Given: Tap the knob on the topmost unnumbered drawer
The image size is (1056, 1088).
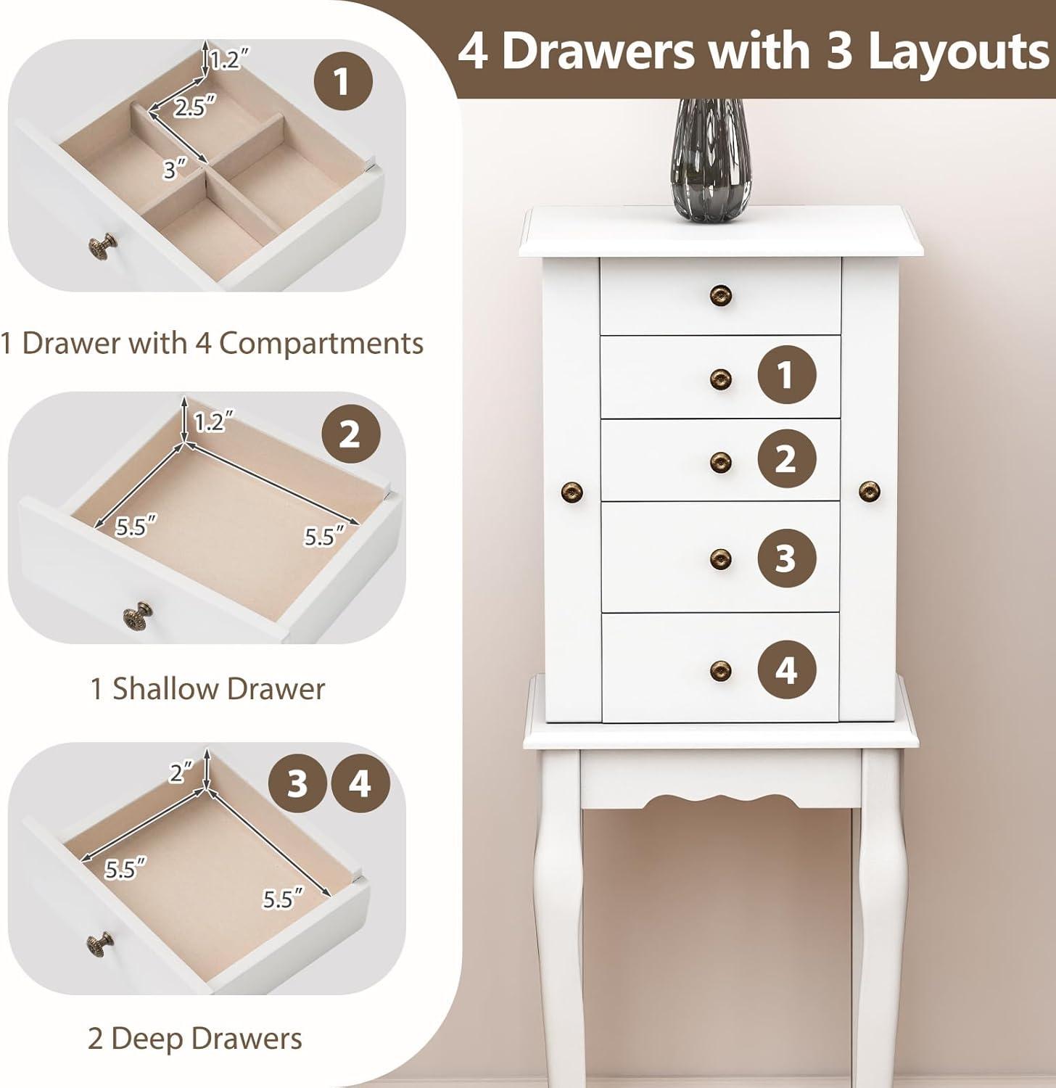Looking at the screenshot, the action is (x=720, y=294).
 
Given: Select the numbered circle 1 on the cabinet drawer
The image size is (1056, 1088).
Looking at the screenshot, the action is (x=787, y=376).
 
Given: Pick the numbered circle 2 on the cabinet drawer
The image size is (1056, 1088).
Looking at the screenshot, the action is (x=787, y=458).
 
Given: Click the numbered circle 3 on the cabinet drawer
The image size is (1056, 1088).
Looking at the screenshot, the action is (x=787, y=559).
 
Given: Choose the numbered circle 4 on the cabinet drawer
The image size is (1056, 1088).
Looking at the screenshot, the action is (x=787, y=670).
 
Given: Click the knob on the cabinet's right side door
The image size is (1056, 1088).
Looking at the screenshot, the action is (x=869, y=492).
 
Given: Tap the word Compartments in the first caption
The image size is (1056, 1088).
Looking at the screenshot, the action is (x=321, y=342).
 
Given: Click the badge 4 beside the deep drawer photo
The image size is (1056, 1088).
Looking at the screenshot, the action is (x=360, y=784).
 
